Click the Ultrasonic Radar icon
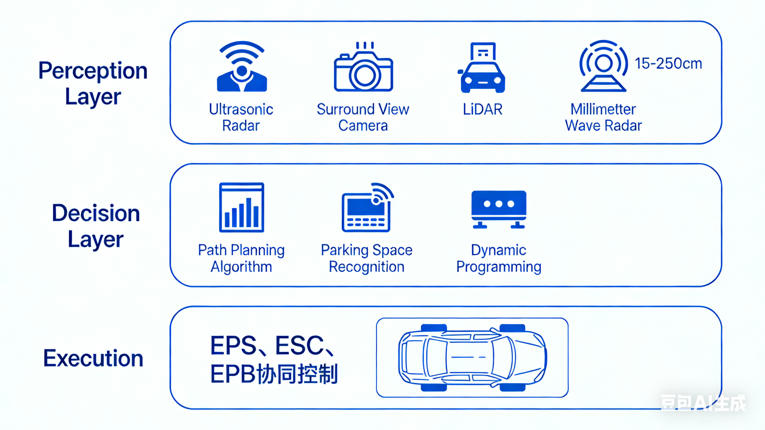(242, 67)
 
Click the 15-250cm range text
(668, 64)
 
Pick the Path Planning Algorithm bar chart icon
(242, 207)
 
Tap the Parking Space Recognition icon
(367, 208)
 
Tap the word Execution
(93, 358)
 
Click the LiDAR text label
(483, 109)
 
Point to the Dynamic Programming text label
(499, 258)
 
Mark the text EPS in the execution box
(233, 346)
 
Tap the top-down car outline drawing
(472, 357)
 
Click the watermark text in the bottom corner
(703, 403)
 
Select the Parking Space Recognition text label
(367, 258)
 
